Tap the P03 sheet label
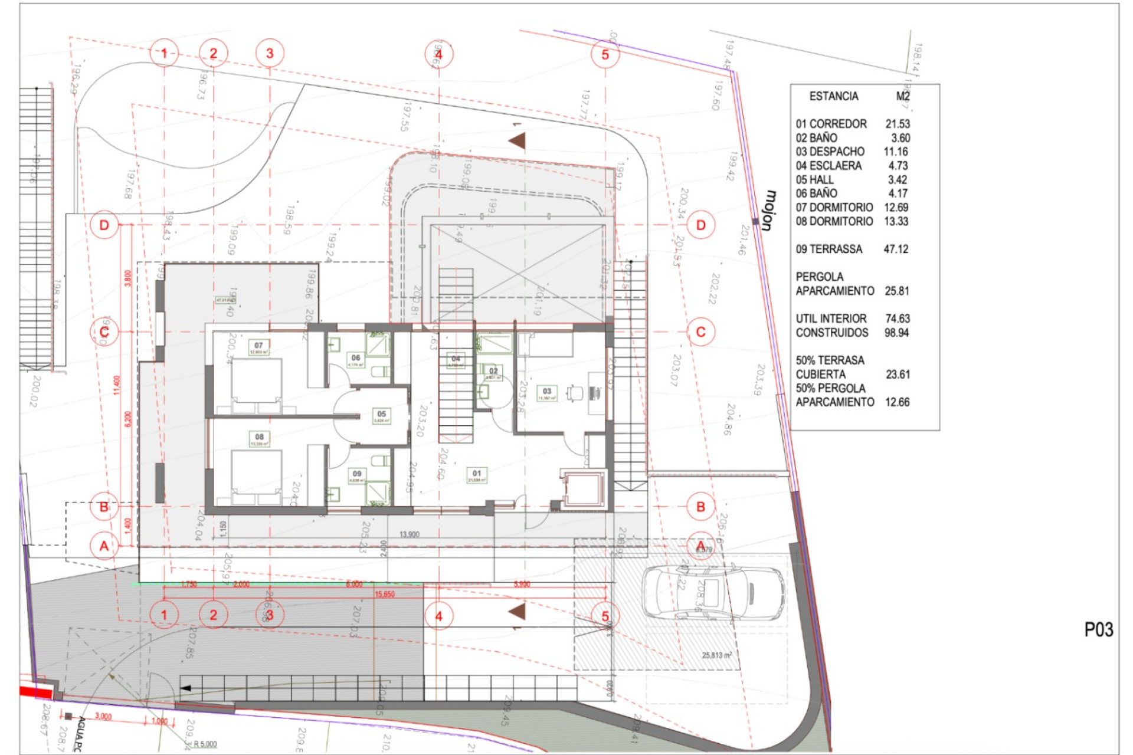pos(1098,630)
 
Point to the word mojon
pos(768,210)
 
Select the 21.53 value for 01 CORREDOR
pos(897,124)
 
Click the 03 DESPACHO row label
pos(830,152)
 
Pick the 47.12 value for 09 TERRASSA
pos(895,249)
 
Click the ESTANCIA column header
pos(833,96)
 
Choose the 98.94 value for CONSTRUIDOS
pos(896,333)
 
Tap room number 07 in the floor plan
pos(258,346)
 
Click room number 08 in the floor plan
pos(259,437)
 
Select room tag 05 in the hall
pos(381,414)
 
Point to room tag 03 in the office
pos(547,391)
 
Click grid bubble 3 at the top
pos(270,54)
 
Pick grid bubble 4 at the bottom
pos(438,616)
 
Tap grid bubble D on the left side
pos(104,225)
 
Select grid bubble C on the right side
pos(700,332)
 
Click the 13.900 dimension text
pos(409,534)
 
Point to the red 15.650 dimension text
pos(384,594)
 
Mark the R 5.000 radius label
pos(205,744)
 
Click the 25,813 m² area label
pos(716,655)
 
